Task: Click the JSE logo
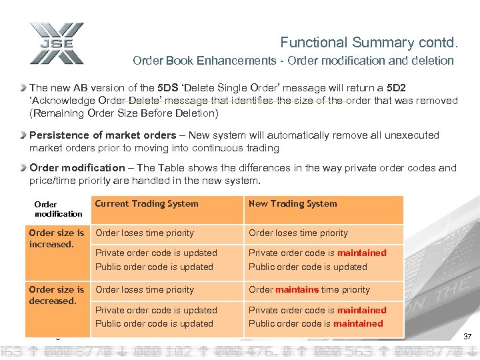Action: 57,43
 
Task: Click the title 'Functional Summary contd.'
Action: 369,43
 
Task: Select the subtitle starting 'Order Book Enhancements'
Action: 293,61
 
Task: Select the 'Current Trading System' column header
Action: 147,204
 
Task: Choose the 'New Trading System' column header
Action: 293,204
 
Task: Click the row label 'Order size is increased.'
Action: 57,239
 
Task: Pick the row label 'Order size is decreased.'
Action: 57,295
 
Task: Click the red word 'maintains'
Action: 297,290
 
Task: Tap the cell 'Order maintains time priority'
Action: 309,290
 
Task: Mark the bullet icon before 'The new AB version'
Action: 23,87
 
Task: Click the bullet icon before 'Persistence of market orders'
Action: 23,135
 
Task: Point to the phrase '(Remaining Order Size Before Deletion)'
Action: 124,113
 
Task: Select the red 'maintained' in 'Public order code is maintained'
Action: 358,324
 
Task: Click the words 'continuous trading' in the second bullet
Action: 237,148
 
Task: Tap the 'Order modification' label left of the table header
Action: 57,209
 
